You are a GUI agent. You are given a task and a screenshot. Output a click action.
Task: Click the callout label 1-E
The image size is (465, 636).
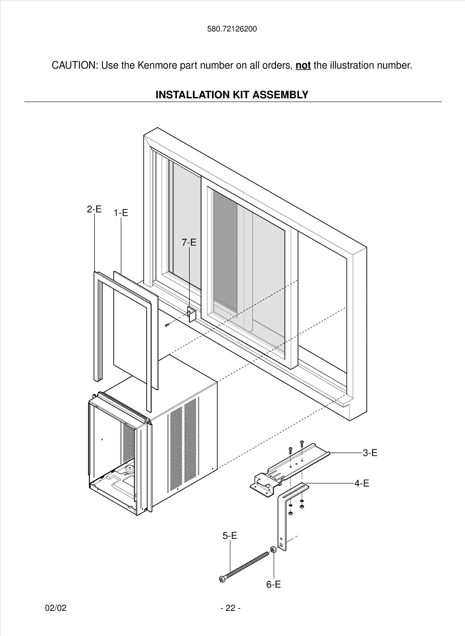pos(121,213)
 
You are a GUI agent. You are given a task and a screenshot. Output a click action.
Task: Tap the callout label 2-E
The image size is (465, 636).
pos(94,209)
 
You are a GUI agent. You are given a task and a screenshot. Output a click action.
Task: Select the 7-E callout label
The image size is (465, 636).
pos(189,242)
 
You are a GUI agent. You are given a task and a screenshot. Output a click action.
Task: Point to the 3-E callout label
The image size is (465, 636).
pos(370,453)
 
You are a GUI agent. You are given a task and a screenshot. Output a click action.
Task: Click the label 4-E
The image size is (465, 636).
pos(362,483)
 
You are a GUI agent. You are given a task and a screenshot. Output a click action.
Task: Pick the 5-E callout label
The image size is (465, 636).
pos(230,535)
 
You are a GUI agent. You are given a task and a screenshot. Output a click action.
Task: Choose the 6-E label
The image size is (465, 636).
pos(273,584)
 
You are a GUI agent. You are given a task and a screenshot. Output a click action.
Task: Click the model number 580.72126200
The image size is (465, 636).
pos(232,29)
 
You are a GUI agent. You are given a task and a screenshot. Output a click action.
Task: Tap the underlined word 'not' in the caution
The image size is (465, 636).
pos(303,66)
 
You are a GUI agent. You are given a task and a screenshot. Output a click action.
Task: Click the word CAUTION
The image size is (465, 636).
pos(74,66)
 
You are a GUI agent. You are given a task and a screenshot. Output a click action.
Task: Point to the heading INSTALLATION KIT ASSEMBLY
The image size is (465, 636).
pos(232,95)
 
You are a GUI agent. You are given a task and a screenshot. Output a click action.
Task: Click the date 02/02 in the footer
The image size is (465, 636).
pos(56,608)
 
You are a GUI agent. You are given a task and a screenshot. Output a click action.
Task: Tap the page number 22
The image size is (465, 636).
pos(230,608)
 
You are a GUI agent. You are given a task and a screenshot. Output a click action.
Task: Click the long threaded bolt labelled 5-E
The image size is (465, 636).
pos(246,566)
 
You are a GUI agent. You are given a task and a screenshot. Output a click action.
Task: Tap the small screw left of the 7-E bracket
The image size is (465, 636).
pos(167,325)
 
